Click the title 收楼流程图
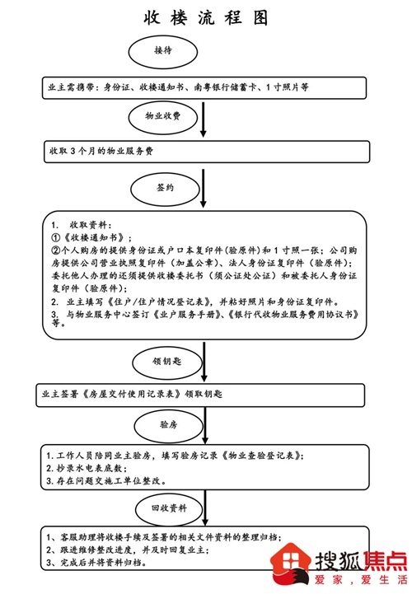206,17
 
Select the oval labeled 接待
163,52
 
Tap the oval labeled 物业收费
163,117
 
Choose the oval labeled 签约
166,189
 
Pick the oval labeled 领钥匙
167,362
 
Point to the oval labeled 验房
169,425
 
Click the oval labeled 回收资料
169,508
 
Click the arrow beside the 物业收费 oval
204,119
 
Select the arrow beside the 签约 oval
204,189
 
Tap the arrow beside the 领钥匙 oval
204,362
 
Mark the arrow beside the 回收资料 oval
205,507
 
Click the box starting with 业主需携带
204,88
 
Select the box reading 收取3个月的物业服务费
207,152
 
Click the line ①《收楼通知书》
91,238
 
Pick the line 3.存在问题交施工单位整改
106,481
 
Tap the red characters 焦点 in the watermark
386,561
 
